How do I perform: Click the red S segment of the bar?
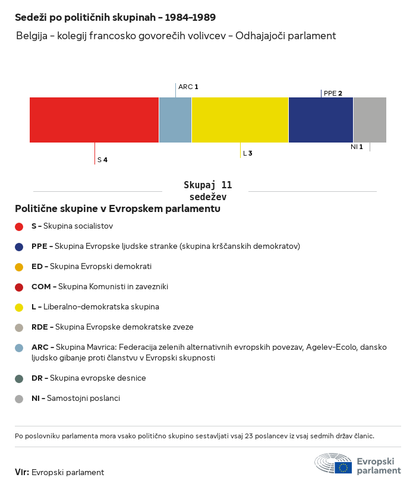pos(94,120)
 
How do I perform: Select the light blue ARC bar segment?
pos(175,120)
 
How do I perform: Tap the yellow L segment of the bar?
pos(240,120)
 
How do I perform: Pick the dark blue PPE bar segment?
pos(321,120)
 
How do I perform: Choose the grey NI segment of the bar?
pos(370,120)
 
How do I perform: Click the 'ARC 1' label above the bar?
pos(188,87)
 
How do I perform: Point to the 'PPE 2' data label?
pos(333,93)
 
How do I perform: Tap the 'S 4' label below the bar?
pos(102,160)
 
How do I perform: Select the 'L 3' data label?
pos(247,153)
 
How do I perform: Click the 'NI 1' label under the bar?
pos(357,147)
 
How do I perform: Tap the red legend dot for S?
pos(19,226)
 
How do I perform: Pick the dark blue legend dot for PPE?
pos(19,246)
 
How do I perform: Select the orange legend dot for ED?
pos(19,267)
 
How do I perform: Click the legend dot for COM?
pos(19,287)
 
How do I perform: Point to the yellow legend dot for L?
pos(19,307)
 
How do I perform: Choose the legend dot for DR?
pos(19,378)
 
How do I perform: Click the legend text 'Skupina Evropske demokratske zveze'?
pos(124,327)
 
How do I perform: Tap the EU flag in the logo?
pos(343,467)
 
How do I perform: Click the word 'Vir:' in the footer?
pos(22,472)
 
